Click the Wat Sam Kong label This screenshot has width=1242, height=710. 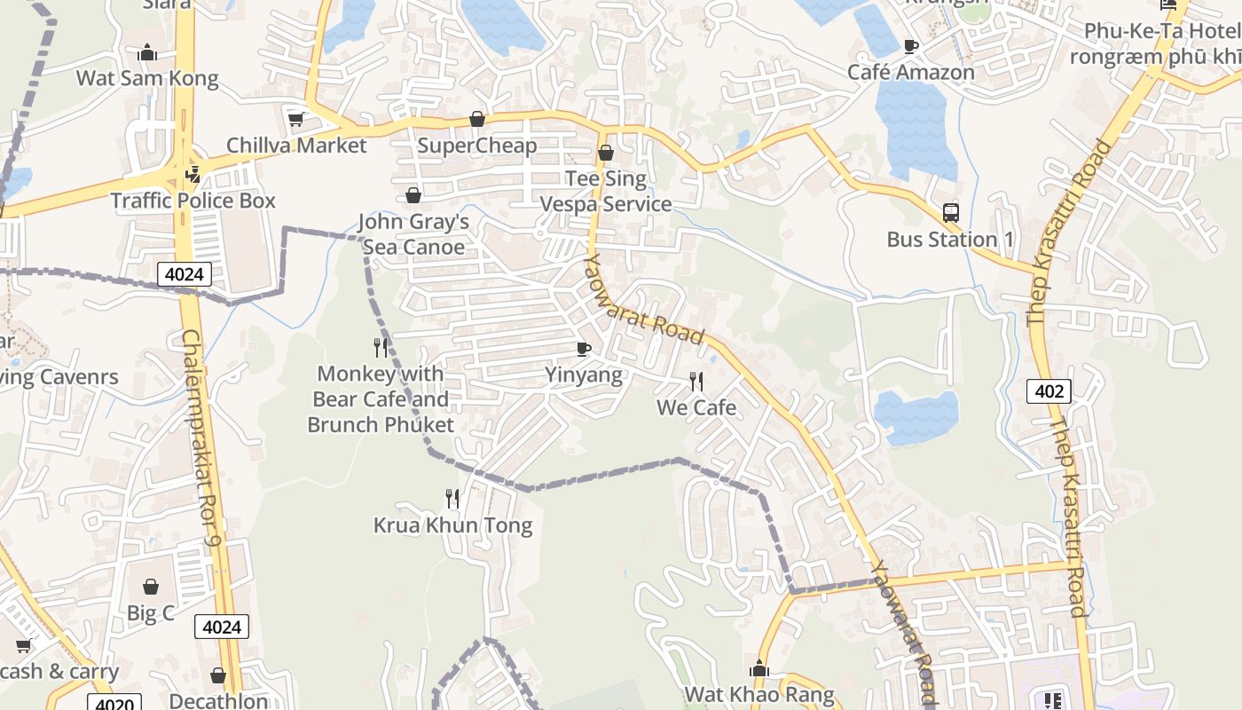[x=147, y=78]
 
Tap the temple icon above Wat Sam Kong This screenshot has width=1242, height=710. [x=148, y=54]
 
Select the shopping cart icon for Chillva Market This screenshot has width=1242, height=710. [x=295, y=119]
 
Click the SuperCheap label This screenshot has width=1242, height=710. [x=477, y=146]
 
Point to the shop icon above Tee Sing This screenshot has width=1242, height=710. [x=606, y=154]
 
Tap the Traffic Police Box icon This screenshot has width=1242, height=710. [x=193, y=175]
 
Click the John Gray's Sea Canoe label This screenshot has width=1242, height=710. [x=413, y=234]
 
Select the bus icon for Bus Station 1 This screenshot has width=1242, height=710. [x=951, y=213]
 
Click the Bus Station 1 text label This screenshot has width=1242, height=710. [x=950, y=240]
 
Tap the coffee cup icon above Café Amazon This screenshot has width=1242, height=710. [x=911, y=46]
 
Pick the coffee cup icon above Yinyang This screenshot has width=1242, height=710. [x=583, y=349]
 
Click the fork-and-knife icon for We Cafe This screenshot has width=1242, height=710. [x=696, y=382]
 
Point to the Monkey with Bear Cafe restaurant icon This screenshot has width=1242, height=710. [x=381, y=347]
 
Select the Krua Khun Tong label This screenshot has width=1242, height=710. [x=452, y=525]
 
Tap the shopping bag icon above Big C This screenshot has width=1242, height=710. [x=151, y=587]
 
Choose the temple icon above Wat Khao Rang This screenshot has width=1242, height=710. [x=759, y=668]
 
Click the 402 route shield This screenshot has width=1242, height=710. [x=1049, y=390]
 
